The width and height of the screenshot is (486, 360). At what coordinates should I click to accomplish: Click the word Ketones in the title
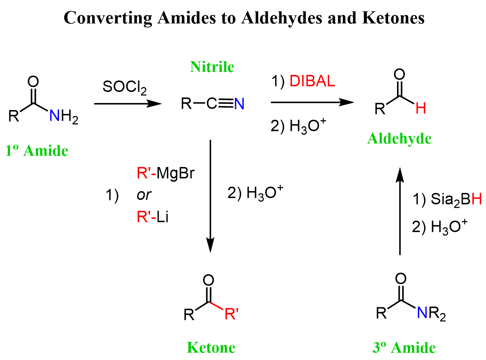point(393,18)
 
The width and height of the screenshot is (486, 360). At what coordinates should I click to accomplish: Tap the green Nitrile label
point(212,67)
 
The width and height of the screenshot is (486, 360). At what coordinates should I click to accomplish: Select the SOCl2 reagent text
point(124,87)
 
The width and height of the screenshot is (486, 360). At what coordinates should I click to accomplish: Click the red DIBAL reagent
point(312,81)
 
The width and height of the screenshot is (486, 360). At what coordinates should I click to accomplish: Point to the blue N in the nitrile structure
point(239,103)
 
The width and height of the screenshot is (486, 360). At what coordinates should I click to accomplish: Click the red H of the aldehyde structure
point(421,108)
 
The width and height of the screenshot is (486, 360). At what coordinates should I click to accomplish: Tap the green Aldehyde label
point(399,138)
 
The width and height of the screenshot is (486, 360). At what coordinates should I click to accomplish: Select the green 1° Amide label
point(37,151)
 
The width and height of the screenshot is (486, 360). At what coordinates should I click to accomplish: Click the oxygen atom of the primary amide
point(33,82)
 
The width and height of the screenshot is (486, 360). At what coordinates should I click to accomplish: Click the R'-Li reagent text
point(152,217)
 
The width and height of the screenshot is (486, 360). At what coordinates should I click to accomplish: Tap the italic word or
point(144,195)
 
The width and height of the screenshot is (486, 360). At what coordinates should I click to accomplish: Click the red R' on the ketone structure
point(231,314)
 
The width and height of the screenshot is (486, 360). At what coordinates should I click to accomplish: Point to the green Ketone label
point(211,347)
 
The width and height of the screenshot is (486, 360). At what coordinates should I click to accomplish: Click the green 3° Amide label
point(404,347)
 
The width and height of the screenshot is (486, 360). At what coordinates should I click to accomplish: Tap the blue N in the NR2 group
point(422,312)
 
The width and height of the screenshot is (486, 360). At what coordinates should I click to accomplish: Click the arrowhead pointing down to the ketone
point(210,245)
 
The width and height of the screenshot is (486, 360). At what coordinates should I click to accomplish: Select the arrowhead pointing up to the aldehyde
point(400,175)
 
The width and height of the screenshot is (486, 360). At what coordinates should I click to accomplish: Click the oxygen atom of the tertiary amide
point(401,278)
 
